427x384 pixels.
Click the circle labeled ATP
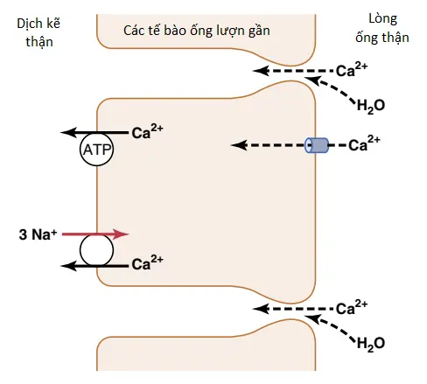(96, 150)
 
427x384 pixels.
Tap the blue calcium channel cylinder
(317, 145)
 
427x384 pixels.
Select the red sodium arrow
(95, 234)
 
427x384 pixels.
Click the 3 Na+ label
(38, 234)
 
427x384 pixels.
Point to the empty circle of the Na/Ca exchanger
(96, 250)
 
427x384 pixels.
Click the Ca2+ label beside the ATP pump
(147, 132)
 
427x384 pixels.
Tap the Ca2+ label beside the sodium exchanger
(147, 263)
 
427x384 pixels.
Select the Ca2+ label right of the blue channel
(364, 143)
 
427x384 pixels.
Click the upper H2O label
(371, 106)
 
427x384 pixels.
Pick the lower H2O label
(371, 344)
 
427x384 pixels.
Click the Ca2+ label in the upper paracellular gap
(352, 70)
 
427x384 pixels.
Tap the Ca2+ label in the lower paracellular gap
(352, 308)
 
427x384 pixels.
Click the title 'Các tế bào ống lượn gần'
(197, 31)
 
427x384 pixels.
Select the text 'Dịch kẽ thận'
(38, 32)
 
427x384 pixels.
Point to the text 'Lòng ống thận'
(382, 28)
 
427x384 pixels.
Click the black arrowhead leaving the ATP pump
(68, 132)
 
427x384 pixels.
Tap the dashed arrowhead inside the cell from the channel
(239, 145)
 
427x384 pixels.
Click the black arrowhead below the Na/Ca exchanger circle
(68, 266)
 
